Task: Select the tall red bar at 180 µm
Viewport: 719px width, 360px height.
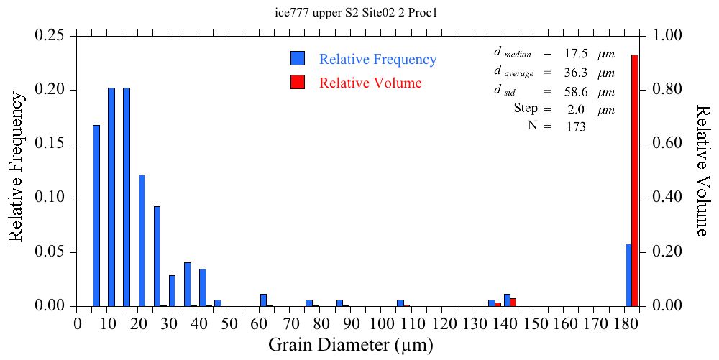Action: coord(635,180)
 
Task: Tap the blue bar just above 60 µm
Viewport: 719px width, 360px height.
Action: coord(263,300)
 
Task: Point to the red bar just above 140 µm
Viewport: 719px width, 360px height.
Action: coord(513,303)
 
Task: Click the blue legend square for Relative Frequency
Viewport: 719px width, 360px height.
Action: coord(298,59)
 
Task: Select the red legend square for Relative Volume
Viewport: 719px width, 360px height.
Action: coord(298,82)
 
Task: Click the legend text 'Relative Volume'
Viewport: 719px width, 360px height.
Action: coord(370,83)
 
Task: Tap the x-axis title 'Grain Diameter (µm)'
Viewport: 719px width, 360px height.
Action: coord(351,345)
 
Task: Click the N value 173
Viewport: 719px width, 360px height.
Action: coord(576,126)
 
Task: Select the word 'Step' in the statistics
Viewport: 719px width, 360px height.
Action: coord(526,109)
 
